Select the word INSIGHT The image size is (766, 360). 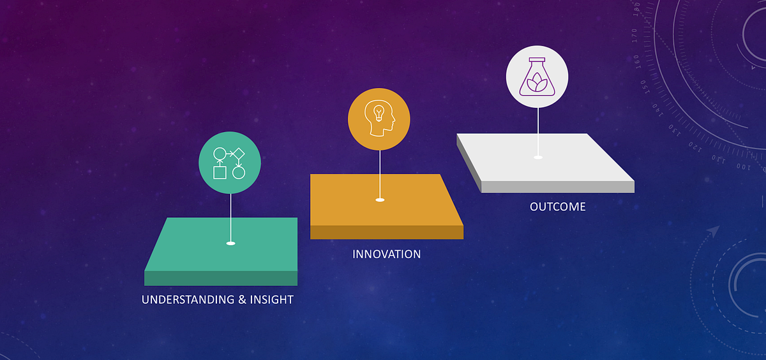click(271, 299)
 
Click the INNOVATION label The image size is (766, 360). click(386, 254)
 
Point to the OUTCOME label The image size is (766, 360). click(557, 207)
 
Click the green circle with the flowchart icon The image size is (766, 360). click(230, 163)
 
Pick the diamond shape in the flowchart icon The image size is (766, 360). click(239, 154)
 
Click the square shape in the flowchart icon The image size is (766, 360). click(220, 172)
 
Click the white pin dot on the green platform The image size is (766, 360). click(230, 243)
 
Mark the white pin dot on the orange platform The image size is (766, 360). click(380, 200)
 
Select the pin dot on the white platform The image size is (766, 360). click(537, 157)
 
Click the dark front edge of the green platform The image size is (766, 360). click(221, 278)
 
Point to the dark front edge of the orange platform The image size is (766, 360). click(386, 232)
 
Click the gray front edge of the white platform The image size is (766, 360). click(557, 186)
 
